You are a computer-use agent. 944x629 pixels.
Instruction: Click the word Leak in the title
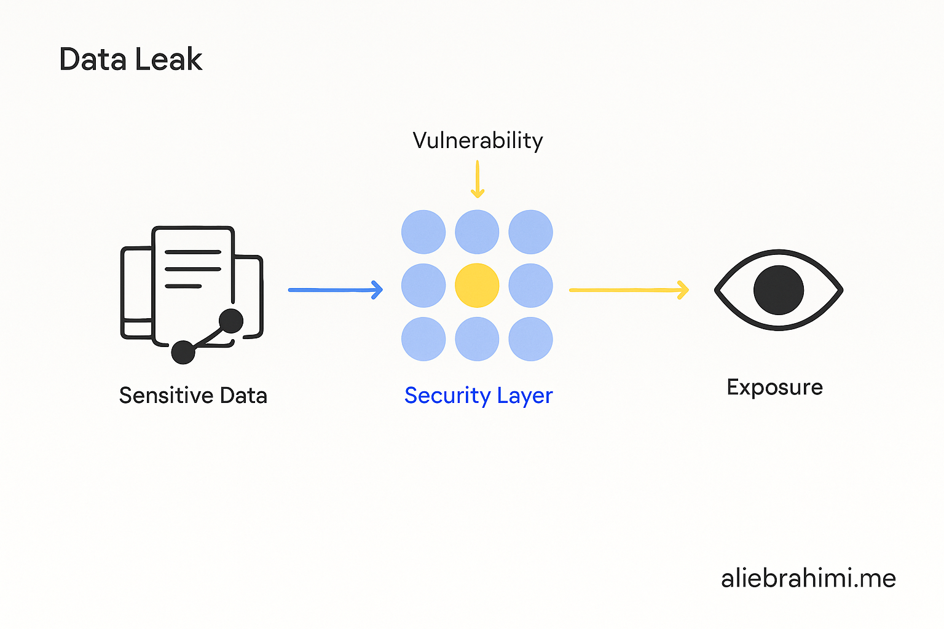pyautogui.click(x=168, y=60)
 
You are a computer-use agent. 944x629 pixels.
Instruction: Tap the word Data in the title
pyautogui.click(x=93, y=60)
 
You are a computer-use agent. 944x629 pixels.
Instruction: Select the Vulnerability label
pyautogui.click(x=478, y=141)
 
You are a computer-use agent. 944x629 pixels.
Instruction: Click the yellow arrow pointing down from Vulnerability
pyautogui.click(x=478, y=179)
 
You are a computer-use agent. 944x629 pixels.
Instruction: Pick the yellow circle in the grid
pyautogui.click(x=477, y=286)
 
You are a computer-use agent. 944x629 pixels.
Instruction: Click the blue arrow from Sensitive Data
pyautogui.click(x=336, y=290)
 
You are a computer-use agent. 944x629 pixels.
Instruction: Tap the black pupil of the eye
pyautogui.click(x=779, y=290)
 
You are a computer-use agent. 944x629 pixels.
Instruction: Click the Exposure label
pyautogui.click(x=774, y=388)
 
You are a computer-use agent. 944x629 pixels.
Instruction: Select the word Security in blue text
pyautogui.click(x=447, y=396)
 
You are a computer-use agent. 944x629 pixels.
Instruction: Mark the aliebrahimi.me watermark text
pyautogui.click(x=808, y=579)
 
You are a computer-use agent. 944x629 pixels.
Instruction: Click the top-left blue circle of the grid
pyautogui.click(x=423, y=232)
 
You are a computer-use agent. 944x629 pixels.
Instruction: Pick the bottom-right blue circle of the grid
pyautogui.click(x=530, y=339)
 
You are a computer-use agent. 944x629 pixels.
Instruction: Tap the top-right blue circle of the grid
pyautogui.click(x=530, y=232)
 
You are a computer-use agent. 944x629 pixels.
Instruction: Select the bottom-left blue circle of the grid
pyautogui.click(x=423, y=339)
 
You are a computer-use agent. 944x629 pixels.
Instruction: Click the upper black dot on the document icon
pyautogui.click(x=231, y=321)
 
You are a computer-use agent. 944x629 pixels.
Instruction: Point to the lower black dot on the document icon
pyautogui.click(x=183, y=352)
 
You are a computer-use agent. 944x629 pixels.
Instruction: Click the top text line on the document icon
pyautogui.click(x=193, y=252)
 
